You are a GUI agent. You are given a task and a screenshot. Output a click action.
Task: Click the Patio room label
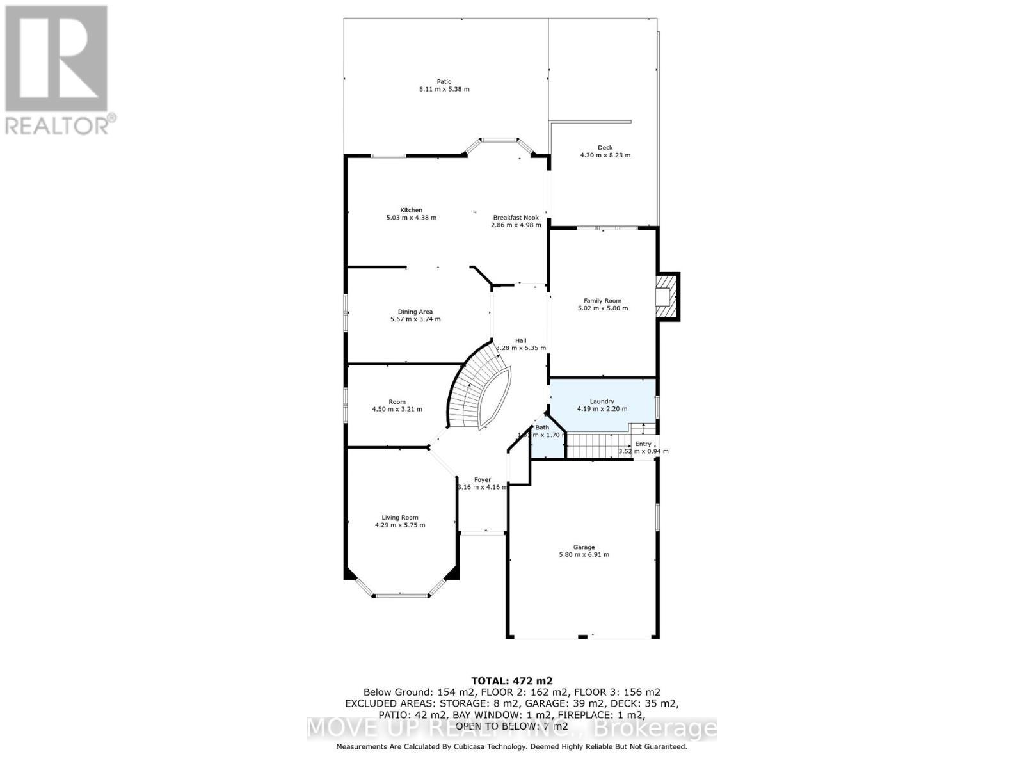444,81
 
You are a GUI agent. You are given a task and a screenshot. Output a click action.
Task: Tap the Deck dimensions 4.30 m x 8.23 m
605,155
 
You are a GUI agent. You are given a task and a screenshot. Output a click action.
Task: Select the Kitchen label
411,210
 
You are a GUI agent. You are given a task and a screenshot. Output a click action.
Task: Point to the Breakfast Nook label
516,218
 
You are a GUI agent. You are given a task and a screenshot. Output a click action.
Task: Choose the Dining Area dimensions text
415,319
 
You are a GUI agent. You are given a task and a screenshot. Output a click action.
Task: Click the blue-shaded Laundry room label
602,401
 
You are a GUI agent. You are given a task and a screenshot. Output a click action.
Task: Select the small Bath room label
542,428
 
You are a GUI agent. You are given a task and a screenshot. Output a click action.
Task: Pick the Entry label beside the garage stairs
643,444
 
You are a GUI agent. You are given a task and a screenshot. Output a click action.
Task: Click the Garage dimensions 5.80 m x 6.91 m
584,555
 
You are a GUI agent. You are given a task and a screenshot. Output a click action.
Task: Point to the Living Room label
400,518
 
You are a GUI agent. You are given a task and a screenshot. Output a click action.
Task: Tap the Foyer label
482,479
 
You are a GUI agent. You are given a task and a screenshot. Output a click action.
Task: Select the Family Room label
602,300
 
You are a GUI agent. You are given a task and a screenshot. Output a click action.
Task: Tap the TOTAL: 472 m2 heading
511,681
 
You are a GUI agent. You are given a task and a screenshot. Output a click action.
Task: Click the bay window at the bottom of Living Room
401,595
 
